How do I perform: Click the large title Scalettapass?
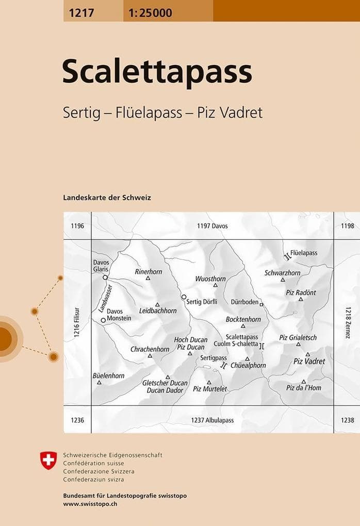coord(157,73)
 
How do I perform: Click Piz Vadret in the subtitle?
coord(230,113)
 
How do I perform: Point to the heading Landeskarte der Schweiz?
coord(107,198)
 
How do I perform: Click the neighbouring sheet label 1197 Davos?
coord(212,226)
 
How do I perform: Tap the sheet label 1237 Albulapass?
coord(212,420)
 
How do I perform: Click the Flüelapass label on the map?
coord(304,253)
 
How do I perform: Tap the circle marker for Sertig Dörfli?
coord(184,297)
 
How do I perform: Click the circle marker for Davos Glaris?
coord(105,277)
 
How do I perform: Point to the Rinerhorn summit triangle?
coord(148,278)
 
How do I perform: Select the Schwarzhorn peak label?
coord(282,273)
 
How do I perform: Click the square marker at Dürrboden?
coord(261,305)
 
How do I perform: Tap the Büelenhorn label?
coord(108,376)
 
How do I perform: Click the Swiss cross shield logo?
coord(48,460)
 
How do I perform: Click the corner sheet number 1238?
coord(347,420)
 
